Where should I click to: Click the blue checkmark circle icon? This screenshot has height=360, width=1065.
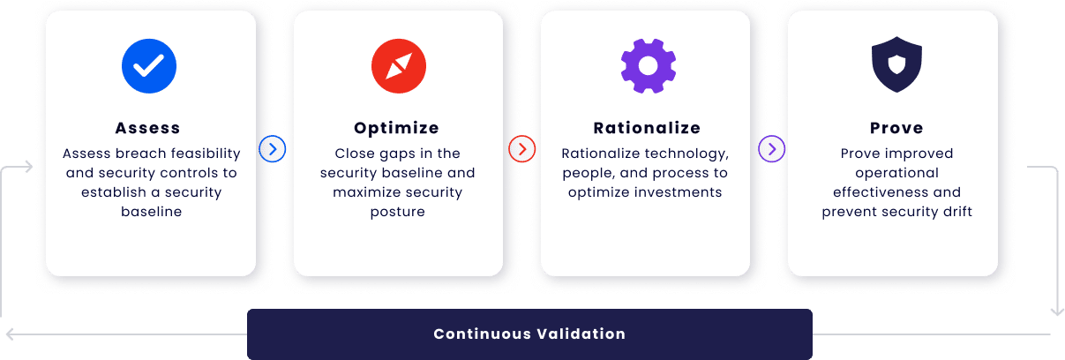[x=149, y=66]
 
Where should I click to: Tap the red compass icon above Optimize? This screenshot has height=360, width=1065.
[x=399, y=66]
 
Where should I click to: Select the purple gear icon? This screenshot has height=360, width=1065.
[x=648, y=66]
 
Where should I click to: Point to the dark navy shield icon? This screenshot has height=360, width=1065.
[x=896, y=64]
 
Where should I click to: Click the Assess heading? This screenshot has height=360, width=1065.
[x=148, y=128]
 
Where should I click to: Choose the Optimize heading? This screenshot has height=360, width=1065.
[x=396, y=128]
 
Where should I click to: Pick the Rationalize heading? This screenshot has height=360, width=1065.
[x=647, y=128]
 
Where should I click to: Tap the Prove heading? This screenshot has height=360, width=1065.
[x=896, y=128]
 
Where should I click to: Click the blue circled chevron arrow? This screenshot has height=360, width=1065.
[x=273, y=149]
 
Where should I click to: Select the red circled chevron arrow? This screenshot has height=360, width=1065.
[x=522, y=149]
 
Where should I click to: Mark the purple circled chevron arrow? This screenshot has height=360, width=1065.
[x=772, y=149]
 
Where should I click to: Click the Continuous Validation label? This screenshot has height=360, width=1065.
[x=529, y=334]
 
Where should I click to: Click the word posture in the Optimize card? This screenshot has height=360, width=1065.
[x=397, y=212]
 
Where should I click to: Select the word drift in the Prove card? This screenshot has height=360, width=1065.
[x=957, y=211]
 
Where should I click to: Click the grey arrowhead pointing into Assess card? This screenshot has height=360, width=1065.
[x=28, y=167]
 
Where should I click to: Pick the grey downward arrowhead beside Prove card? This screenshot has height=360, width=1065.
[x=1057, y=311]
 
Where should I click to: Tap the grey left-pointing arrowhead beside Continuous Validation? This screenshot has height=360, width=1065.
[x=10, y=334]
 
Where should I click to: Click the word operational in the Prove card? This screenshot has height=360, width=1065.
[x=896, y=173]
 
